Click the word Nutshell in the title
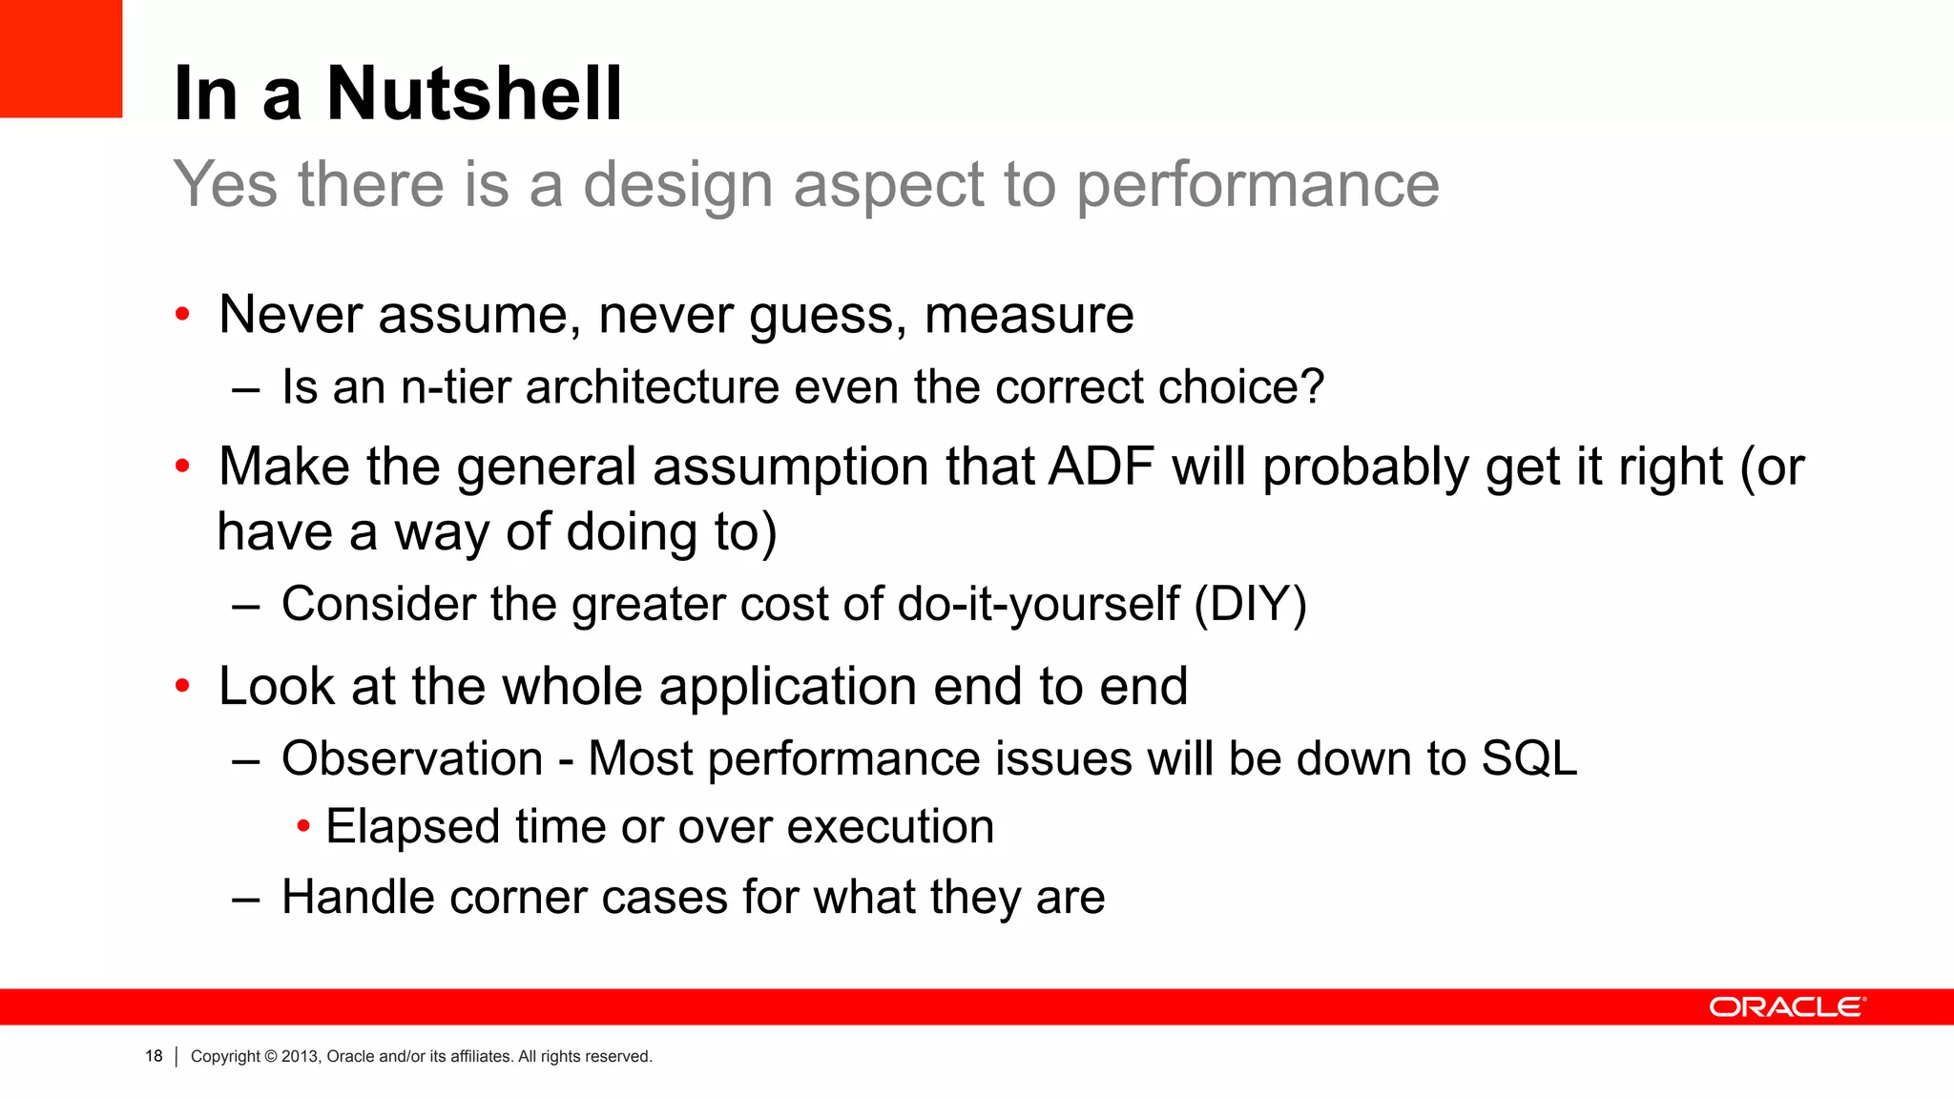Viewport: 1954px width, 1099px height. coord(474,94)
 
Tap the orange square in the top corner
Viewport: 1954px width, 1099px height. coord(60,58)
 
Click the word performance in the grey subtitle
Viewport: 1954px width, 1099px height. coord(1258,185)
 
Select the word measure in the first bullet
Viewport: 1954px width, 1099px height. coord(1029,316)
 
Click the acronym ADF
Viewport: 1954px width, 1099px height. coord(1101,467)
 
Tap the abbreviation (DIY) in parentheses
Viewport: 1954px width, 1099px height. coord(1250,605)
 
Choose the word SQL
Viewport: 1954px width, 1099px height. coord(1528,759)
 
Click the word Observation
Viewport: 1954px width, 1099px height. coord(412,759)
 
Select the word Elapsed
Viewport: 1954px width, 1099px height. coord(412,827)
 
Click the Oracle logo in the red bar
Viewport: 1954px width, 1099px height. coord(1786,1007)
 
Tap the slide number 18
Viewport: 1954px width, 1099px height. coord(154,1056)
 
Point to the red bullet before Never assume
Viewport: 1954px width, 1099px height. coord(183,315)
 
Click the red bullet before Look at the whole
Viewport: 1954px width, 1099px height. coord(183,687)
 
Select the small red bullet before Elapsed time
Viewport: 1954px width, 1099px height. coord(303,826)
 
